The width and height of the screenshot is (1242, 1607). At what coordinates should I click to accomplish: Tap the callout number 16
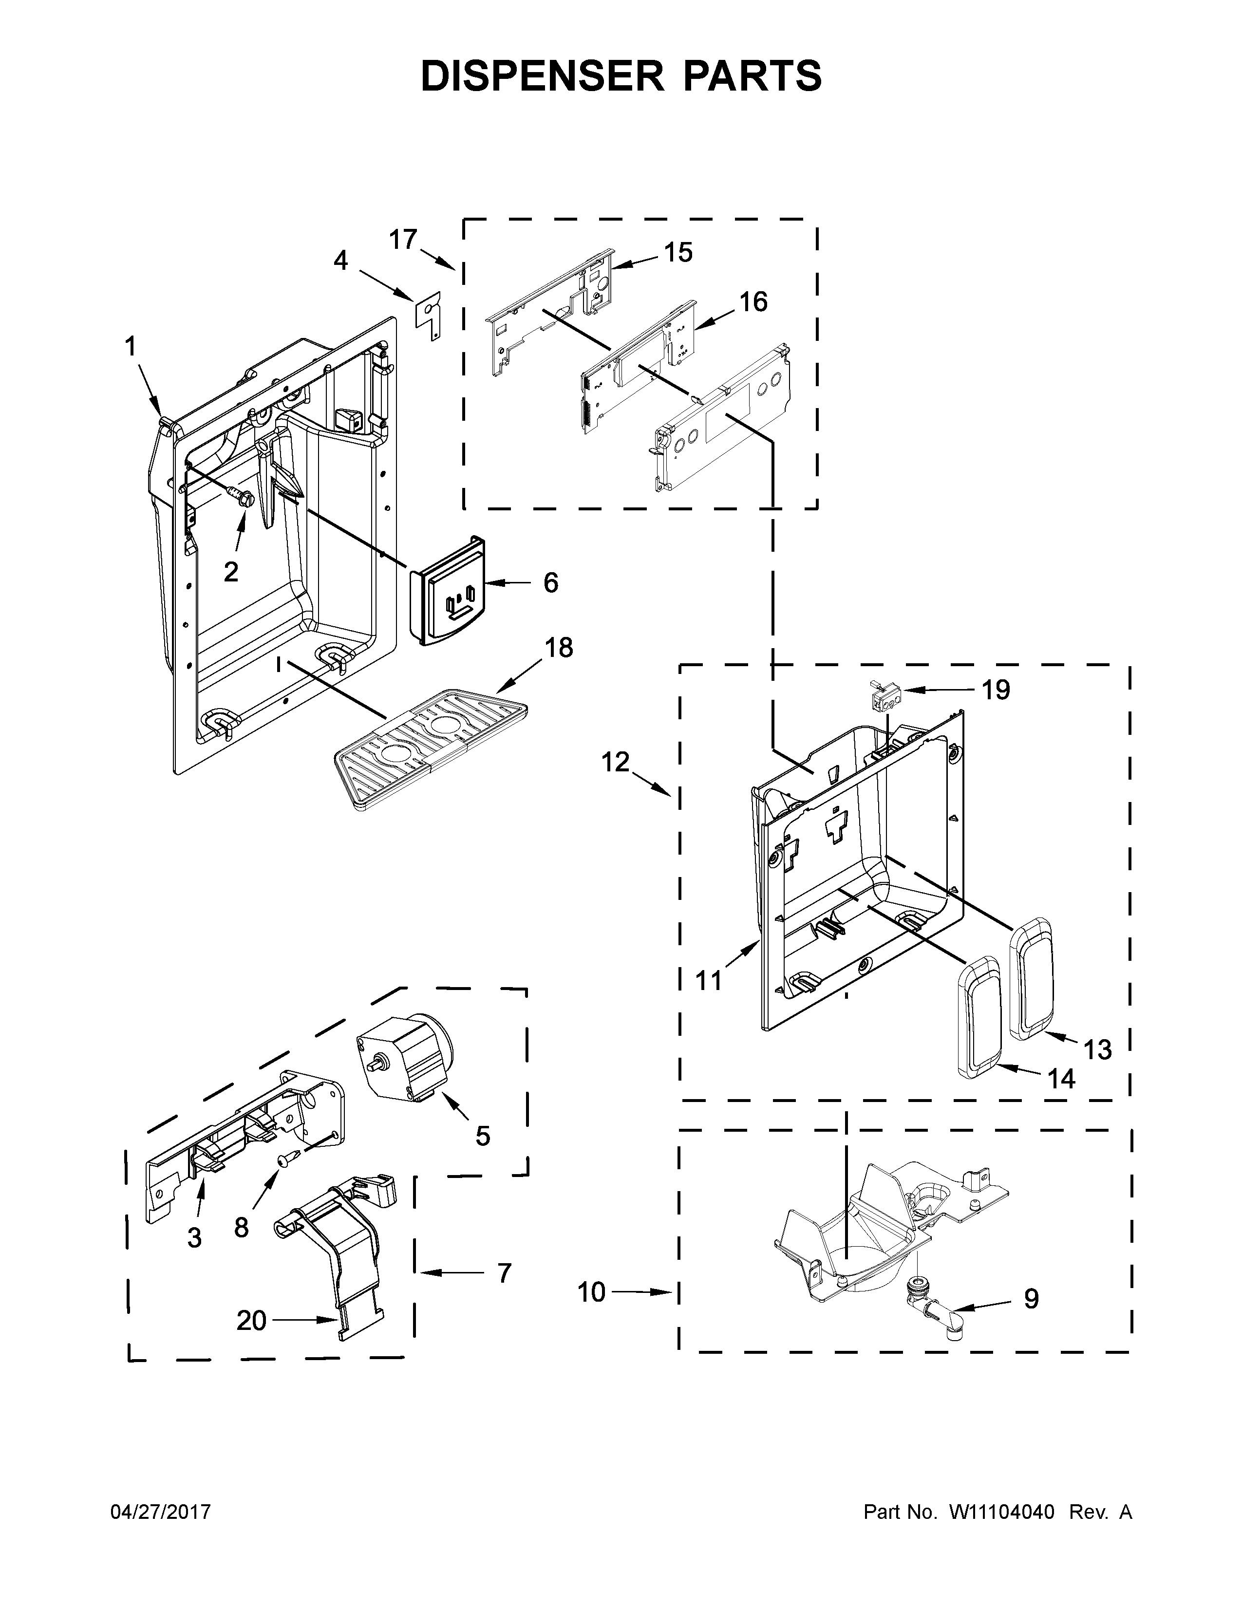click(753, 302)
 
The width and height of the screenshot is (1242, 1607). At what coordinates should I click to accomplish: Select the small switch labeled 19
click(884, 694)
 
